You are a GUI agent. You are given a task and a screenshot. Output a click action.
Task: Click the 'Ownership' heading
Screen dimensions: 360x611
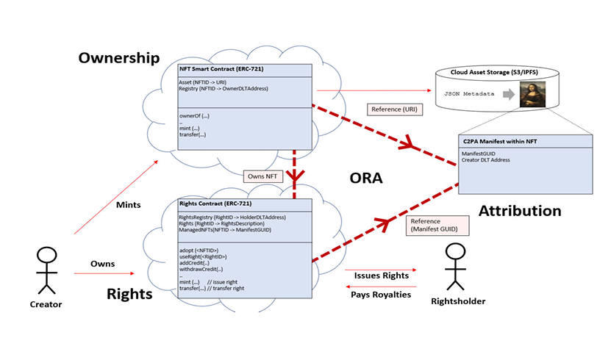pyautogui.click(x=118, y=57)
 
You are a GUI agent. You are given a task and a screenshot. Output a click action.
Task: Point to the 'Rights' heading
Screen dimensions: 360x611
pyautogui.click(x=130, y=294)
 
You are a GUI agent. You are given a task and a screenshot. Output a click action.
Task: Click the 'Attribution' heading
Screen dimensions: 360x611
pyautogui.click(x=520, y=211)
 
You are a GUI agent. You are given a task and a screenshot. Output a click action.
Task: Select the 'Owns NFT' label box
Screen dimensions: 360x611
pyautogui.click(x=262, y=176)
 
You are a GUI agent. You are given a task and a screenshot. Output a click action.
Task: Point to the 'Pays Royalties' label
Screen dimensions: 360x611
pyautogui.click(x=382, y=295)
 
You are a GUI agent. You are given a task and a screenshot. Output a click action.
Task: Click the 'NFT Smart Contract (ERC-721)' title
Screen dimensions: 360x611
pyautogui.click(x=221, y=70)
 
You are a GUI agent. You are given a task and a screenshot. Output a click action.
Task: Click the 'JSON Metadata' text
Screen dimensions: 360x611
pyautogui.click(x=467, y=95)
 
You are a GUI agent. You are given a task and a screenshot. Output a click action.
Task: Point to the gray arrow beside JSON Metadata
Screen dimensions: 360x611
pyautogui.click(x=507, y=95)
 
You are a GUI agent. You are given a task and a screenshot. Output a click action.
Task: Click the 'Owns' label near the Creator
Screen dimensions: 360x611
pyautogui.click(x=102, y=263)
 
